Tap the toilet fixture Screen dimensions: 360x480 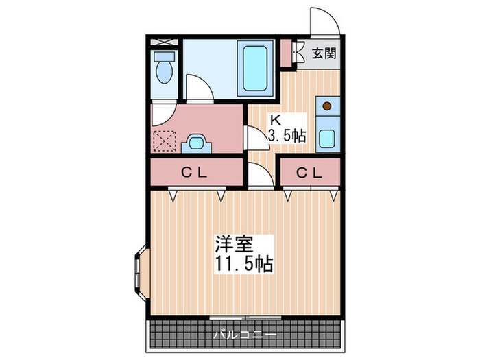point(165,70)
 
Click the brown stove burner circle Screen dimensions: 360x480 point(328,106)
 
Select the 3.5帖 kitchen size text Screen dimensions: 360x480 point(287,135)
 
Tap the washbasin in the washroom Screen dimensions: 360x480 point(198,143)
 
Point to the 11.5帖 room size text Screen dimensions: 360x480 point(245,264)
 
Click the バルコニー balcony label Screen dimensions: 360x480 point(244,335)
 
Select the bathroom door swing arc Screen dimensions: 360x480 point(200,89)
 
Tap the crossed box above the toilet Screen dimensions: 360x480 point(165,42)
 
